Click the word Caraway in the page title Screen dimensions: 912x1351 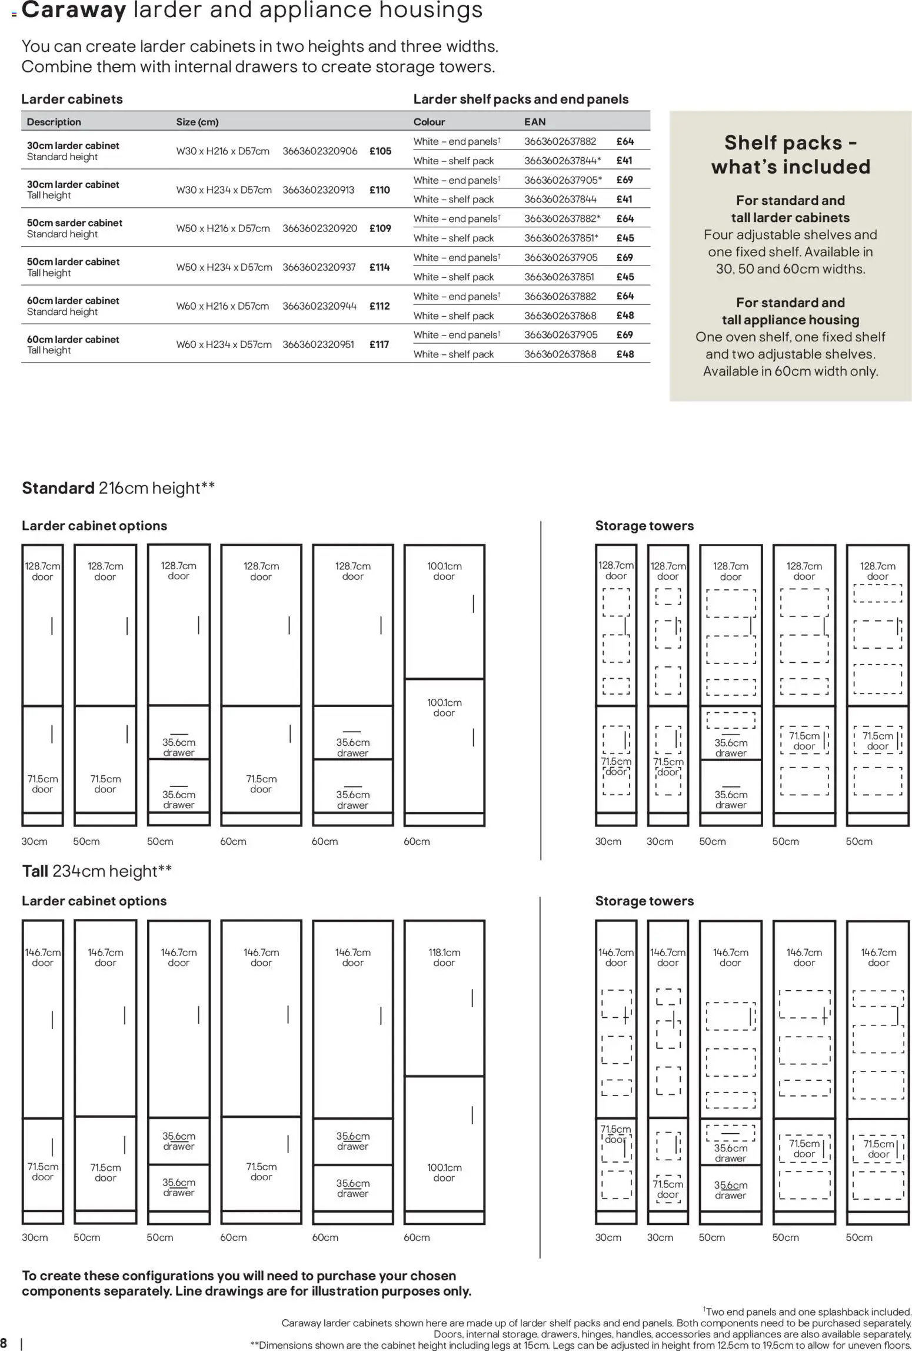pos(74,11)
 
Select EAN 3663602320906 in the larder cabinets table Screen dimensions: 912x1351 pos(319,151)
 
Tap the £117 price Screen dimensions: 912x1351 pos(379,344)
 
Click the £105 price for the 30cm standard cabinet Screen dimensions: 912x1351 pos(380,151)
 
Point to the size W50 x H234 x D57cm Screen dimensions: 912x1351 pos(224,267)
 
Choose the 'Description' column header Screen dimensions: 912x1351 pos(54,122)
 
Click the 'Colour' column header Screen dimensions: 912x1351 pos(429,122)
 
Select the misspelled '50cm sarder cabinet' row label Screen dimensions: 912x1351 pos(75,223)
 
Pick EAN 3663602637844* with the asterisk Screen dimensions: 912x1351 pos(562,161)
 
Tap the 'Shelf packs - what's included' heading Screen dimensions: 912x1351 pos(790,154)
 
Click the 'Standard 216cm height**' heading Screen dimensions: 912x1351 pos(118,488)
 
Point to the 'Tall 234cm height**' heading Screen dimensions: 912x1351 pos(97,871)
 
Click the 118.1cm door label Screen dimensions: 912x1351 pos(444,957)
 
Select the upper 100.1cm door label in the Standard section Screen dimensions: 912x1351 pos(444,571)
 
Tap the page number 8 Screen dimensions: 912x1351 pos(4,1343)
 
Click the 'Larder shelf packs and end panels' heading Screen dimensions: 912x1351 pos(521,99)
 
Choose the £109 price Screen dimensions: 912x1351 pos(380,228)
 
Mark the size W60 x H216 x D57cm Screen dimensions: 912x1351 pos(222,306)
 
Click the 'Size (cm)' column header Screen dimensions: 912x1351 pos(197,122)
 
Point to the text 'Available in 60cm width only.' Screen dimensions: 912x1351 pos(790,371)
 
